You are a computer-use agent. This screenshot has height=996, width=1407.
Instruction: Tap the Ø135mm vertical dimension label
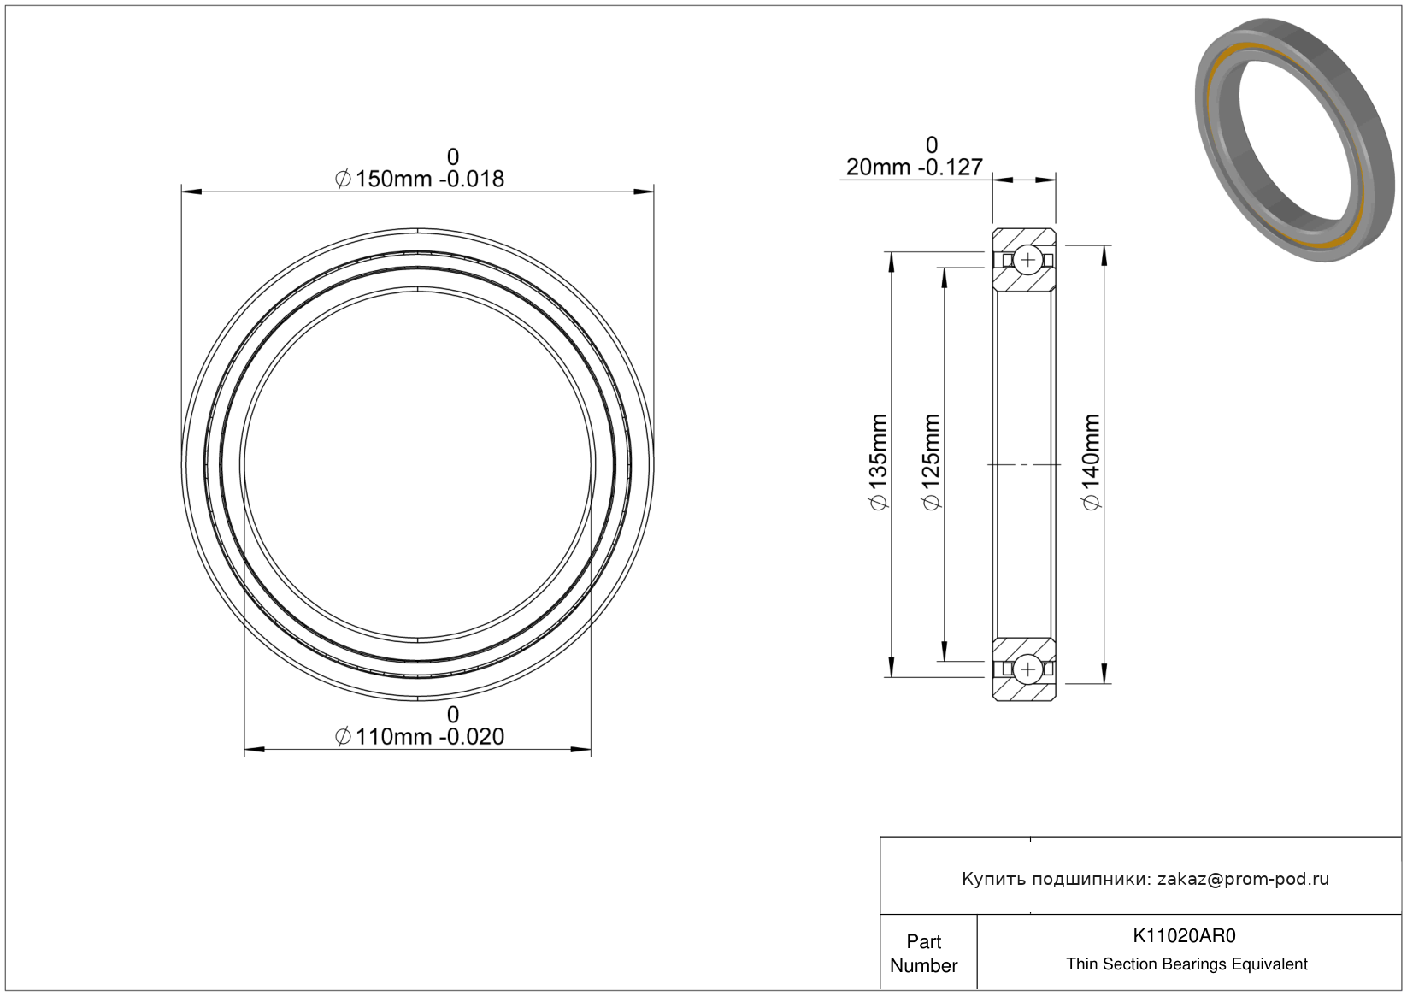click(878, 463)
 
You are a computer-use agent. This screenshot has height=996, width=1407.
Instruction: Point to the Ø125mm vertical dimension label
click(931, 463)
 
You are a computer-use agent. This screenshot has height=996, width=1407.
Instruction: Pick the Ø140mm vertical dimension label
click(1091, 463)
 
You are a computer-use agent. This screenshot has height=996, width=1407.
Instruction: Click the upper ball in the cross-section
click(1027, 260)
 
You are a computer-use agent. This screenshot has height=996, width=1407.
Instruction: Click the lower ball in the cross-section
click(1027, 669)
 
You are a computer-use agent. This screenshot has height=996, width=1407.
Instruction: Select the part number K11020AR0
click(1184, 935)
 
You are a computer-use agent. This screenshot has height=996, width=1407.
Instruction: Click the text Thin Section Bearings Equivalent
click(1186, 964)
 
